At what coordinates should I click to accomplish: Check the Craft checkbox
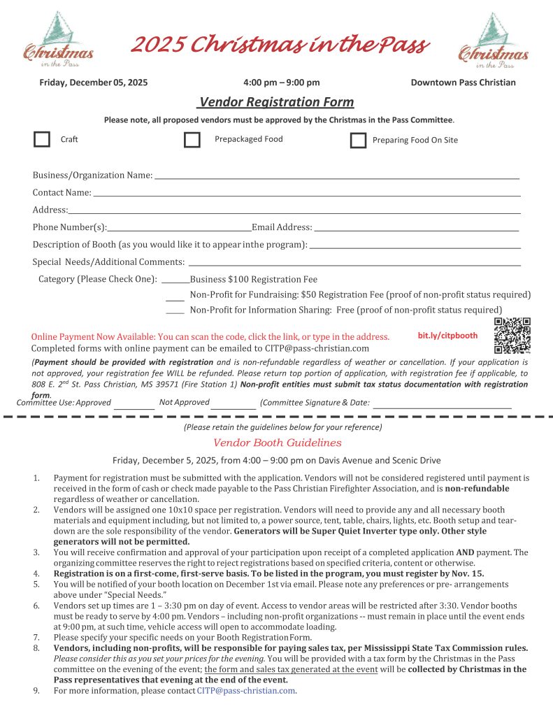[42, 140]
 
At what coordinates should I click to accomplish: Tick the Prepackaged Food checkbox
[192, 140]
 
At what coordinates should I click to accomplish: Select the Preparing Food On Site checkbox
[358, 141]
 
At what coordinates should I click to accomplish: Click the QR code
[512, 336]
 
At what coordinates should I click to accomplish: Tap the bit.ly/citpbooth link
[447, 336]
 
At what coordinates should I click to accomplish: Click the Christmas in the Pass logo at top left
[59, 40]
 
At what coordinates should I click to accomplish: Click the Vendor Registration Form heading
[276, 102]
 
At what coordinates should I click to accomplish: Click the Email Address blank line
[416, 230]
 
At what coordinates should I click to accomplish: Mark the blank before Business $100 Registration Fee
[175, 282]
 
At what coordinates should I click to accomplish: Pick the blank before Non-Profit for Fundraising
[175, 299]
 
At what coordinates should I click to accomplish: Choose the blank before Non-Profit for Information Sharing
[175, 313]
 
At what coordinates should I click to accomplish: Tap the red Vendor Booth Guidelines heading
[277, 443]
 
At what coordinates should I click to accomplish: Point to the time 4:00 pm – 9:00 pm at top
[282, 83]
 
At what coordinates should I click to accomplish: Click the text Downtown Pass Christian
[463, 83]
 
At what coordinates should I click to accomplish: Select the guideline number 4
[36, 573]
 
